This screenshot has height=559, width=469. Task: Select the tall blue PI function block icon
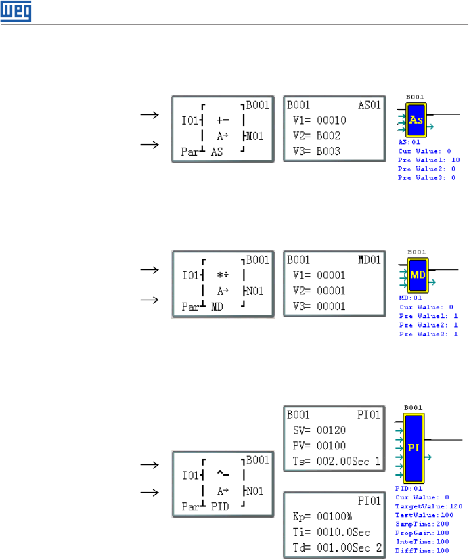click(414, 447)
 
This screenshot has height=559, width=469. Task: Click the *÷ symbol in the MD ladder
click(223, 276)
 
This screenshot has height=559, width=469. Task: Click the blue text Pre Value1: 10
click(428, 159)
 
